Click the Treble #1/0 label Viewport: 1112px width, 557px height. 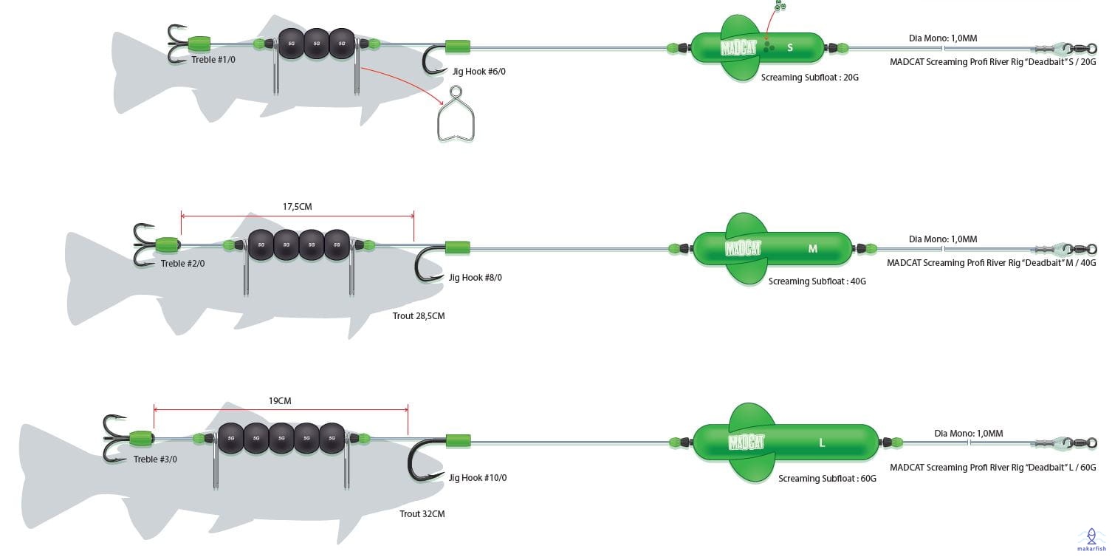213,60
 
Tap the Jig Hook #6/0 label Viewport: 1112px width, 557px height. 479,72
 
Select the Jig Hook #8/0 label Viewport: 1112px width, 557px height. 475,278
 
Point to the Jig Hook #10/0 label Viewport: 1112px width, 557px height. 478,478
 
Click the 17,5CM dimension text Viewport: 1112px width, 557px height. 298,207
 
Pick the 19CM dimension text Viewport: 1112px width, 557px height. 280,401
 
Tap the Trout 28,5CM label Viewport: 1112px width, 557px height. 419,316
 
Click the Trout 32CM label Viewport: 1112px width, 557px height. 422,513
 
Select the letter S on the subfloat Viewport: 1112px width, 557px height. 790,48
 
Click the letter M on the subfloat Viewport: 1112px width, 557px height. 813,248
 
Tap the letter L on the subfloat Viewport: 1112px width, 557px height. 822,442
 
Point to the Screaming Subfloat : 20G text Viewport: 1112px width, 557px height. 810,78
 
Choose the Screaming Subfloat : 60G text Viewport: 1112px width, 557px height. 827,479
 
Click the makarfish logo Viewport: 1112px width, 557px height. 1091,539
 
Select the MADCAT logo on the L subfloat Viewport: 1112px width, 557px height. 746,442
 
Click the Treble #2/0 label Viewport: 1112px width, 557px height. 182,263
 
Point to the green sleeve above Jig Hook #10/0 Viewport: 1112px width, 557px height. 458,441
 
